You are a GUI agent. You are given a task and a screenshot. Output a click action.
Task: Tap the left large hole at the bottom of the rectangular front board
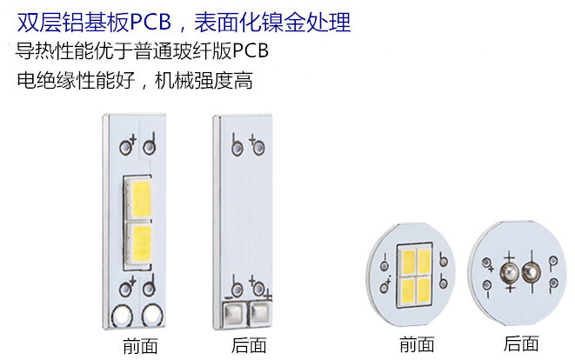pos(122,316)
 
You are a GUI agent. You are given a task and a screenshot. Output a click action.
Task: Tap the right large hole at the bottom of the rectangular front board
pos(152,315)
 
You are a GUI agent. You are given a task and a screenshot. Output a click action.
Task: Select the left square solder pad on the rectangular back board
pos(234,313)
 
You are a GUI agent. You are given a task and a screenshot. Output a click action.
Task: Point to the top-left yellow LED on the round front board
pos(407,261)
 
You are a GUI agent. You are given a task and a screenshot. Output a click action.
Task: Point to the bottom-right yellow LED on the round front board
pos(424,290)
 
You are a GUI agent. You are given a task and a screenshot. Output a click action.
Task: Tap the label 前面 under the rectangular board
pos(140,346)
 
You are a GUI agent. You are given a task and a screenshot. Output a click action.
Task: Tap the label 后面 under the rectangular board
pos(249,345)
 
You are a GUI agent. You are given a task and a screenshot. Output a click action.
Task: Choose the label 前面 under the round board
pos(417,344)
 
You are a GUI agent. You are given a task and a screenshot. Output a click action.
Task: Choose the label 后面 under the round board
pos(521,343)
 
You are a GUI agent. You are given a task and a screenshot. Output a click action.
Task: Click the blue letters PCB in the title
pos(150,23)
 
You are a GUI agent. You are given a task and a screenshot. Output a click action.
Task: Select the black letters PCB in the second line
pos(251,50)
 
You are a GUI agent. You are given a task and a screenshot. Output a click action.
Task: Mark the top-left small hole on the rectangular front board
pos(125,148)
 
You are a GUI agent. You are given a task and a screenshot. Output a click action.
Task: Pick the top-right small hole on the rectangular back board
pos(259,149)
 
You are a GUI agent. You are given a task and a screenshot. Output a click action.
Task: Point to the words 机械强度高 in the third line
pos(204,81)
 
